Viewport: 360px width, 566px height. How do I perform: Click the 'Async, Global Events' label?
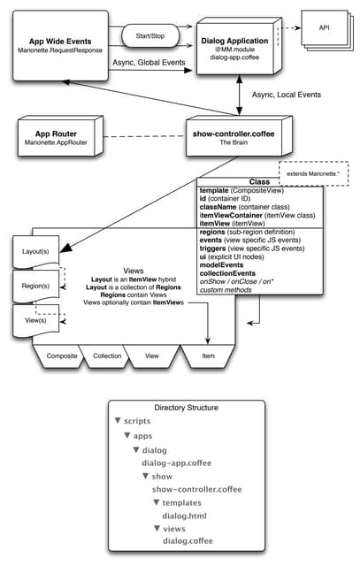tap(149, 64)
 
